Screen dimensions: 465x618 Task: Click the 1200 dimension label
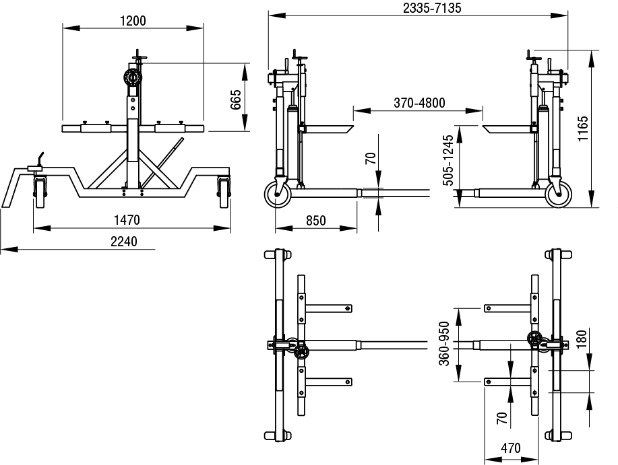(133, 20)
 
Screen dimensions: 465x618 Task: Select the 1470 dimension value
(127, 219)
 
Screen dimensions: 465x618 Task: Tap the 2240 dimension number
(124, 241)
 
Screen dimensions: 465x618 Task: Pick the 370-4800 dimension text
(419, 103)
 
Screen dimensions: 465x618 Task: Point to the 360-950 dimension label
(445, 343)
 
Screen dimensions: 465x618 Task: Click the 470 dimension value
(511, 448)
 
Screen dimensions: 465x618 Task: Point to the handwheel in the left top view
(301, 352)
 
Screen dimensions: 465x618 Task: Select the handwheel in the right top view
(535, 340)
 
